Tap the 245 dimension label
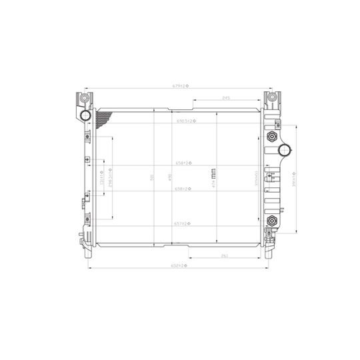coord(226,99)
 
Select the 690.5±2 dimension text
coord(184,122)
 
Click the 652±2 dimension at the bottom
coord(181,267)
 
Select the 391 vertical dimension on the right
coord(293,180)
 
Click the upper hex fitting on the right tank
coord(271,138)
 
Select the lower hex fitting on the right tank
coord(271,221)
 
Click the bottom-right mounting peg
coord(269,254)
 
